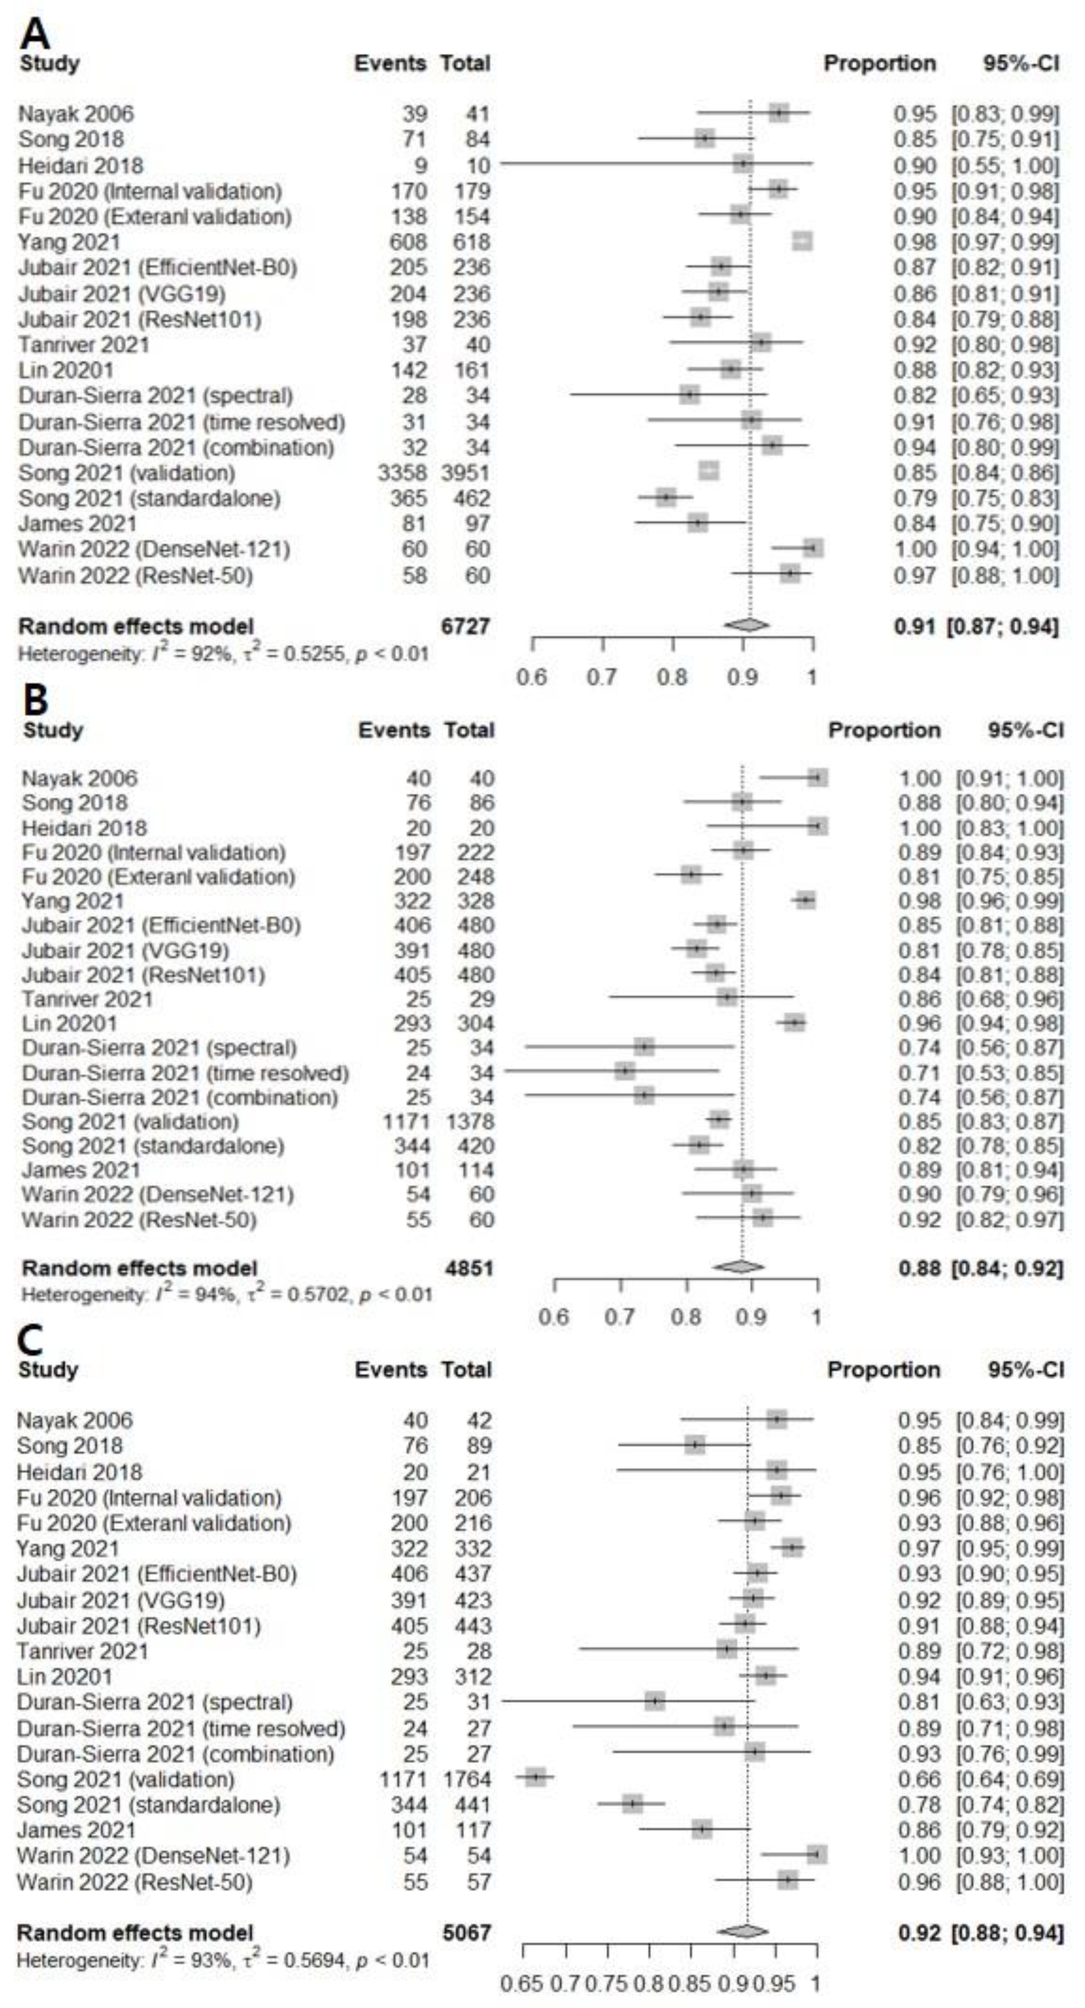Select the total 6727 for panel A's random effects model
(x=465, y=626)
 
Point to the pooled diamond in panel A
(x=746, y=625)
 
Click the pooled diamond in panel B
(x=738, y=1268)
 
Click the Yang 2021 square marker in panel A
(x=802, y=242)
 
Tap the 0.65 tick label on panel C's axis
(x=522, y=1982)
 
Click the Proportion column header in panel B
(x=884, y=730)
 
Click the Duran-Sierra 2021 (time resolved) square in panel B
(x=624, y=1072)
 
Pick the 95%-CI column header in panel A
(x=1021, y=63)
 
